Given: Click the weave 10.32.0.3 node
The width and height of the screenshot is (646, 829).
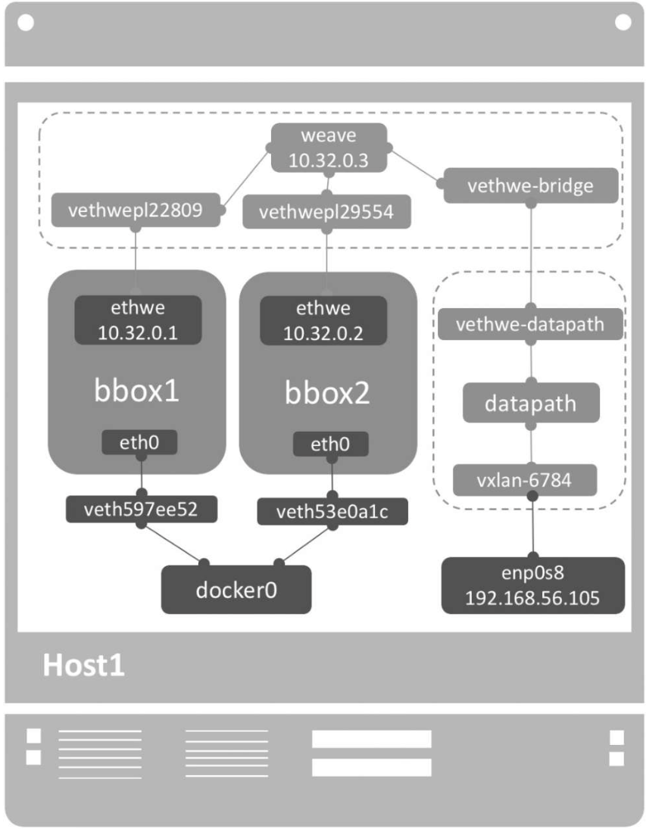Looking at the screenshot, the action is tap(329, 148).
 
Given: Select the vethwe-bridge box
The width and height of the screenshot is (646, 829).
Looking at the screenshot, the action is tap(531, 185).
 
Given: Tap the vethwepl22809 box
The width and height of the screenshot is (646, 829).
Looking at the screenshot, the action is tap(136, 210).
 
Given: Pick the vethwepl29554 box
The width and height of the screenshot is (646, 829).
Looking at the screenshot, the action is tap(326, 212).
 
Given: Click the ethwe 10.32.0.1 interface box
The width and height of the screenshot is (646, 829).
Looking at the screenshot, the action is tap(138, 319).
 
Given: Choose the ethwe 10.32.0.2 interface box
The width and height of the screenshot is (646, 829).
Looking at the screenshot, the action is tap(323, 320).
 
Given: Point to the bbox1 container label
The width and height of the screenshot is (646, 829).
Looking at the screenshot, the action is tap(136, 390).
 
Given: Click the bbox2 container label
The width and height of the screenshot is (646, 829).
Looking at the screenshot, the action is tap(327, 392).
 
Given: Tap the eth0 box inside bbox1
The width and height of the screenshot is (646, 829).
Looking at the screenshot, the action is tap(139, 442).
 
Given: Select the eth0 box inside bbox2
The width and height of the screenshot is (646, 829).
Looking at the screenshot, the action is tap(331, 444).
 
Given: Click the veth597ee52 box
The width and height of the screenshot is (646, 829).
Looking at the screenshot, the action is tap(142, 510).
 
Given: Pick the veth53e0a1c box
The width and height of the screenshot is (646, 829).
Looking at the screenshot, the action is tap(332, 511).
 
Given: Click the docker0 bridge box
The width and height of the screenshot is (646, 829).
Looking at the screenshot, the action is tap(236, 590).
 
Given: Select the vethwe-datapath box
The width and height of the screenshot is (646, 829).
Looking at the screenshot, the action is tap(530, 324).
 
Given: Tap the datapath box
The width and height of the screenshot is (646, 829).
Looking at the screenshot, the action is tap(531, 403).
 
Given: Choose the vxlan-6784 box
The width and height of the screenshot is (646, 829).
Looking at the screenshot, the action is tap(525, 480).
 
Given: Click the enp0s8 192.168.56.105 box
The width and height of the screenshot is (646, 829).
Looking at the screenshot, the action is tap(532, 585).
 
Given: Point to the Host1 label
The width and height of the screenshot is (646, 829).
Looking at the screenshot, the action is tap(83, 665).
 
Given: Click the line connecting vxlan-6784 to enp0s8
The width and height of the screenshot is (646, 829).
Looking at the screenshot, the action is tap(532, 527).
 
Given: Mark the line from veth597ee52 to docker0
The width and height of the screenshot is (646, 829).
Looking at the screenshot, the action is tap(173, 544).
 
